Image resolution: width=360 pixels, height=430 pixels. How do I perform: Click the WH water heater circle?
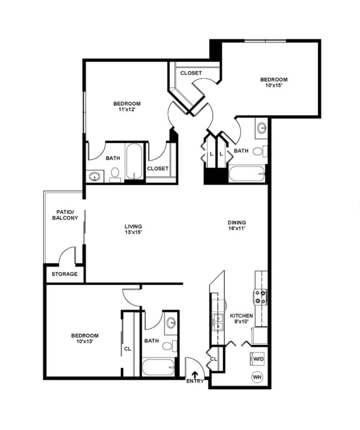click(257, 377)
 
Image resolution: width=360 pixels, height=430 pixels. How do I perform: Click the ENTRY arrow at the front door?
click(195, 374)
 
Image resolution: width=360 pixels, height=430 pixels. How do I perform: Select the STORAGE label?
click(65, 274)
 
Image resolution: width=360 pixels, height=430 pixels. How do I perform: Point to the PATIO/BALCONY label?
click(65, 215)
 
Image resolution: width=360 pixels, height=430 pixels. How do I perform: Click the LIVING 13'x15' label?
click(133, 229)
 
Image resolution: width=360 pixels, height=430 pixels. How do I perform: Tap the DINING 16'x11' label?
click(237, 225)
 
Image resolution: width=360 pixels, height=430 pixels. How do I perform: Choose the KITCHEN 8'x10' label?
click(241, 318)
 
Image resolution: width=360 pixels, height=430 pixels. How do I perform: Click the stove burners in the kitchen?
click(260, 297)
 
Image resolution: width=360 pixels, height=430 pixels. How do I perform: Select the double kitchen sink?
click(218, 322)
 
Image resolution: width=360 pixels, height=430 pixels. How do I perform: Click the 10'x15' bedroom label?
click(274, 82)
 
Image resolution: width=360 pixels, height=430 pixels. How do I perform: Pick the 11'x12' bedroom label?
click(127, 107)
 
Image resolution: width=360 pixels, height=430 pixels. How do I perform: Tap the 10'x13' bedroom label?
click(85, 338)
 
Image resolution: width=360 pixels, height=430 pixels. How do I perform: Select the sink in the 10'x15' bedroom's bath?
click(262, 128)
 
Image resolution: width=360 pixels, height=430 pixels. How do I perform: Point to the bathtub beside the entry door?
click(159, 367)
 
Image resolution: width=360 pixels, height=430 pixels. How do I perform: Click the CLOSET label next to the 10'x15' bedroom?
click(191, 73)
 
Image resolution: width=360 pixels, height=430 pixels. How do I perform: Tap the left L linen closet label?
click(211, 154)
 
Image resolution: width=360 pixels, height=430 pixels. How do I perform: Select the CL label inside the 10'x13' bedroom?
click(127, 349)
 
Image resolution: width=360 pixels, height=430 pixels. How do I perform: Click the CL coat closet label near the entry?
click(214, 359)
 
